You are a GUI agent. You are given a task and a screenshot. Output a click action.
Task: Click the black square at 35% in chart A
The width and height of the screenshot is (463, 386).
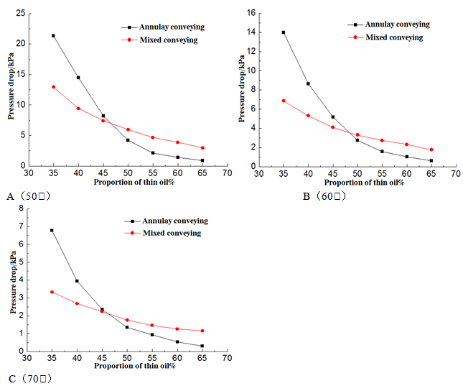(53, 35)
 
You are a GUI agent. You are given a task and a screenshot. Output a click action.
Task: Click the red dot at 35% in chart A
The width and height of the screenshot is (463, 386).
(53, 87)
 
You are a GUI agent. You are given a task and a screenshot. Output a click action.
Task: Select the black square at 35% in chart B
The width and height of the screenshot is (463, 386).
(284, 32)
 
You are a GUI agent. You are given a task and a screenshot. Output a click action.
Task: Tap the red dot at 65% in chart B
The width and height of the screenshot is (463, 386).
(431, 150)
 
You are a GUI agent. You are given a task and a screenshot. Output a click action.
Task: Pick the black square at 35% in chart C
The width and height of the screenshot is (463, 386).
(52, 231)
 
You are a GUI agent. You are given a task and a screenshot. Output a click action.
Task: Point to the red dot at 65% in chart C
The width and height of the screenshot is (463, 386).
(202, 331)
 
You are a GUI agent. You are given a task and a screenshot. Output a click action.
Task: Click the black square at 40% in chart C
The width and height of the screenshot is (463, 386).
(77, 281)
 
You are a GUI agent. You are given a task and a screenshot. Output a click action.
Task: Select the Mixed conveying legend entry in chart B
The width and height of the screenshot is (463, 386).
(393, 37)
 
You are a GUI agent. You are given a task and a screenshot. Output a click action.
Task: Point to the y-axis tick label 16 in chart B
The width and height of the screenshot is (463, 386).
(251, 12)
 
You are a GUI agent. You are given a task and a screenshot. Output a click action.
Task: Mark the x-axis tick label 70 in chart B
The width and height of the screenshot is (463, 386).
(456, 174)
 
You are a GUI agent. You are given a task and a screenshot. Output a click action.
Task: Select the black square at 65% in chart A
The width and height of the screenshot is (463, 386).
(202, 160)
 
